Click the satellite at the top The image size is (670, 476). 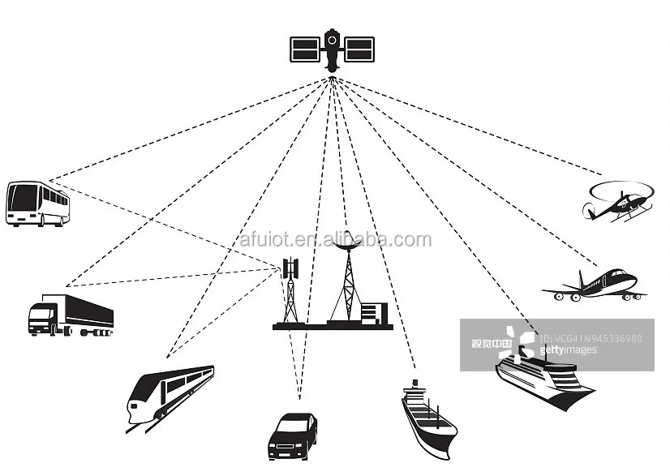[332, 49]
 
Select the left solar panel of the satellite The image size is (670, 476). [307, 49]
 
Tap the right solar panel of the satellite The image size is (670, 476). [358, 49]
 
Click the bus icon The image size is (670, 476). [37, 203]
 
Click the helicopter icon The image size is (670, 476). [618, 201]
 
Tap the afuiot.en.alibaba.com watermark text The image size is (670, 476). [336, 240]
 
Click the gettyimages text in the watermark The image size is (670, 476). [568, 350]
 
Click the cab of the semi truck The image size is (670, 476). [41, 317]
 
